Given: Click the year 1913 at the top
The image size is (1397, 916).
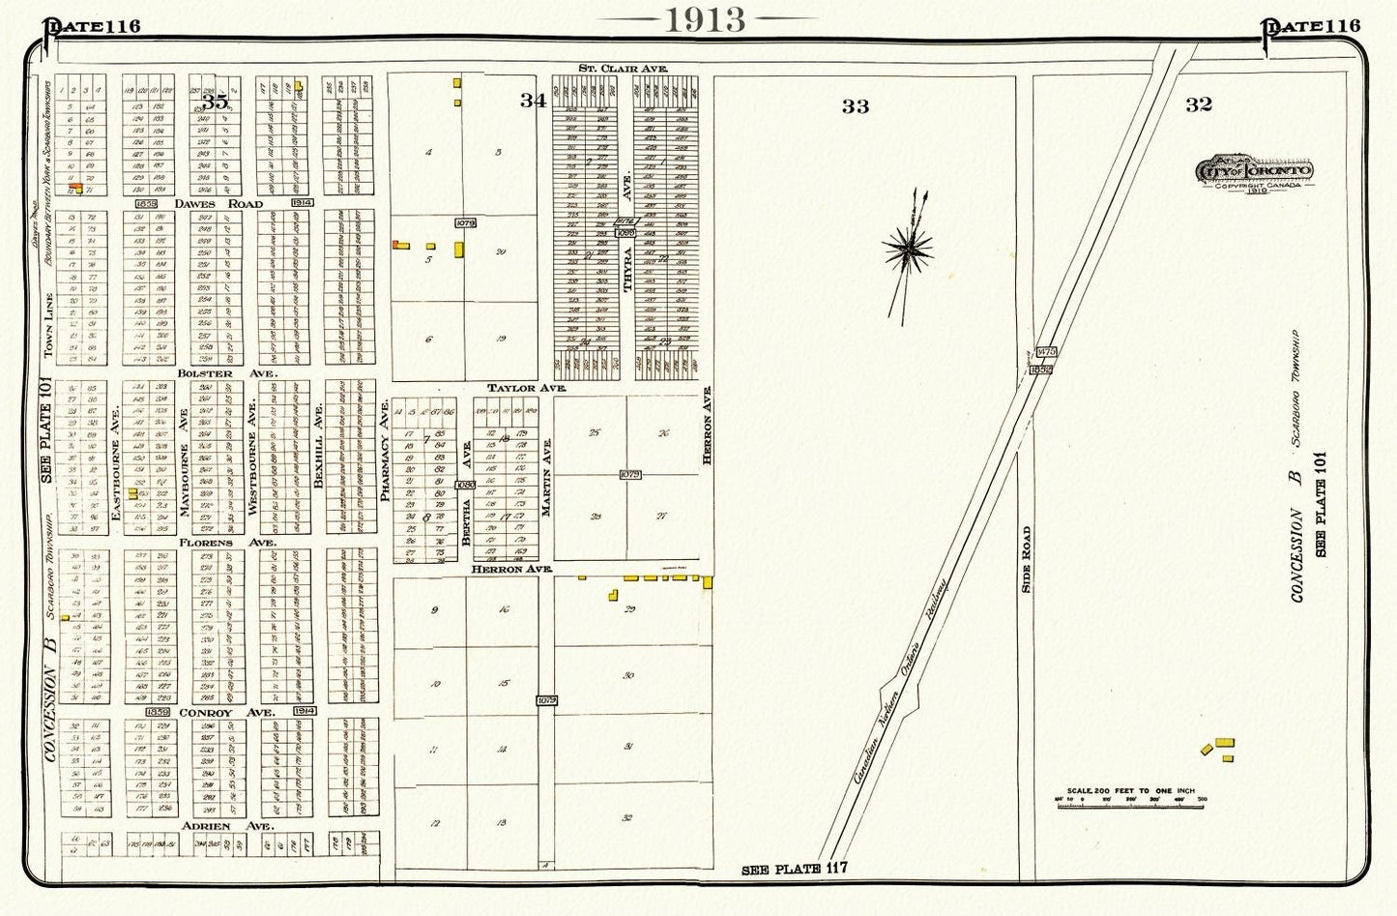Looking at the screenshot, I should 705,19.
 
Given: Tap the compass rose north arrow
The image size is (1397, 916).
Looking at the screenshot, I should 909,251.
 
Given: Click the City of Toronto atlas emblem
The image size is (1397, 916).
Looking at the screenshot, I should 1254,171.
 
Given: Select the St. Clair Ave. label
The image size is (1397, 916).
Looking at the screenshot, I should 624,69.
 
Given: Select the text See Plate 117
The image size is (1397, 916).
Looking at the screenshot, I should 794,869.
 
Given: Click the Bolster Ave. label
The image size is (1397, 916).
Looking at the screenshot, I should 227,372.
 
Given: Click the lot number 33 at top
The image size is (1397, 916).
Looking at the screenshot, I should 855,106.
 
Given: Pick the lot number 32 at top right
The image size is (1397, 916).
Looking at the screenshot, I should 1198,104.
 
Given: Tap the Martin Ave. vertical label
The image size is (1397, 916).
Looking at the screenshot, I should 547,476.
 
